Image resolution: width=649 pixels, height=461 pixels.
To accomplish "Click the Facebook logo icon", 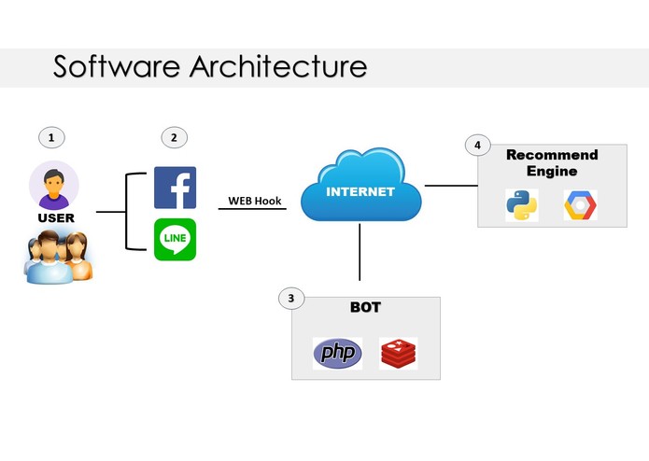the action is click(175, 188).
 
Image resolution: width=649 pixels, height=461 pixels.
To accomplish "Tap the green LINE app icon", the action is click(175, 240).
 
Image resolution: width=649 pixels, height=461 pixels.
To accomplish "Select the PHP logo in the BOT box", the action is click(337, 353).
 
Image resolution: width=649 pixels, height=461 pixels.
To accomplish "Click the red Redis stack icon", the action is click(398, 354).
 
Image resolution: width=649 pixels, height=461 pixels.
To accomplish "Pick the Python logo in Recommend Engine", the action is click(522, 205).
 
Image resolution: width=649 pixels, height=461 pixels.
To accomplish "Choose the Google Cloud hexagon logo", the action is click(580, 205).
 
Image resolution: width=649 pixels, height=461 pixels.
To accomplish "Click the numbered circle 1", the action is click(51, 138).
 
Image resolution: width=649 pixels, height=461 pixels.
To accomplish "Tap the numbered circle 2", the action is click(175, 138).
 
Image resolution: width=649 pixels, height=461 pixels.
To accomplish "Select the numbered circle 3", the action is click(291, 298).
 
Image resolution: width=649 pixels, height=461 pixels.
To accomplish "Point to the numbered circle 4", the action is click(478, 146).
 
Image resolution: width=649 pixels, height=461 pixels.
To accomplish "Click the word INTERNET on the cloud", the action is click(360, 192).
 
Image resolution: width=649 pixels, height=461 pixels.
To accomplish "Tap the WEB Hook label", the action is click(255, 201).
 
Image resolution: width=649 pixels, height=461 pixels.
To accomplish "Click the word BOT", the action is click(365, 307).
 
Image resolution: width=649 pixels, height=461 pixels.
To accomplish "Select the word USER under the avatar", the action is click(56, 217).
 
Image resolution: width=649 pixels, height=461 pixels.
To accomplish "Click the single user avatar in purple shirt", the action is click(54, 185).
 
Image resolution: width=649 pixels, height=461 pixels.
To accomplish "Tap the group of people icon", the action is click(58, 257).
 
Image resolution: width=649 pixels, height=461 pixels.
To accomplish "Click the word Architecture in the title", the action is click(278, 66).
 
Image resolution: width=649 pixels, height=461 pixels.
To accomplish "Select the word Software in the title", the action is click(117, 66).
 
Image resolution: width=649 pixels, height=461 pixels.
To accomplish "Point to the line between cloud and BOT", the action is click(360, 252).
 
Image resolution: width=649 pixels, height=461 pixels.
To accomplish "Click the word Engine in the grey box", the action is click(552, 172).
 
